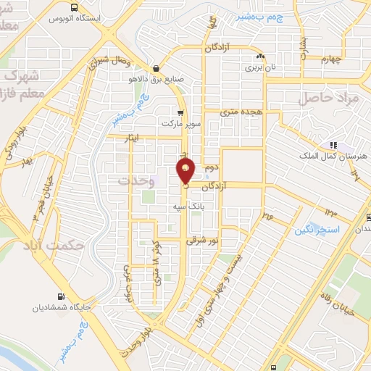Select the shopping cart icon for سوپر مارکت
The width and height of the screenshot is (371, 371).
tap(180, 113)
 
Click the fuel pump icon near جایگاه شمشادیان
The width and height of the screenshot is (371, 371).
tap(62, 296)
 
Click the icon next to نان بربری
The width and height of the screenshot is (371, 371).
tap(259, 57)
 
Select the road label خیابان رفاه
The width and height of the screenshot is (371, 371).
tap(346, 298)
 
